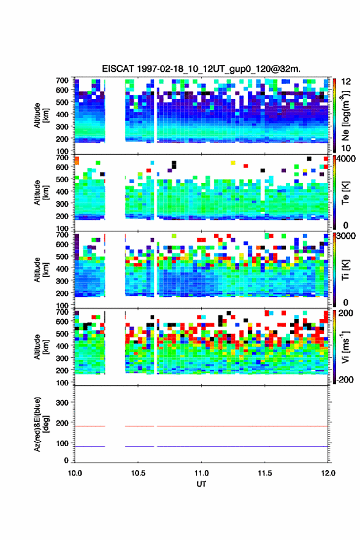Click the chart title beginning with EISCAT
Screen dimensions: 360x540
coord(201,69)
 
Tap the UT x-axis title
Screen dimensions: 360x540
coord(201,484)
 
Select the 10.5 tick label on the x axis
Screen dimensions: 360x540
coord(138,473)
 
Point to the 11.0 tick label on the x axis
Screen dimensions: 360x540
coord(201,473)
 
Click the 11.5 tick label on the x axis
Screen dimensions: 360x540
coord(265,473)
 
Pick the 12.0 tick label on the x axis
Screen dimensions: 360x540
coord(328,473)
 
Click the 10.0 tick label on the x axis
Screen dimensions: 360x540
coord(75,473)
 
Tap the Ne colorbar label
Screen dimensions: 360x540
coord(345,115)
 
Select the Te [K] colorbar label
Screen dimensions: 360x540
coord(345,193)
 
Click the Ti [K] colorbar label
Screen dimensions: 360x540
coord(345,269)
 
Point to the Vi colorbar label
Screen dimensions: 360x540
coord(345,347)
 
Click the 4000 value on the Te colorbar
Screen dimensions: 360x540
coord(345,159)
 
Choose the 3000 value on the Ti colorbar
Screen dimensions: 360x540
coord(345,236)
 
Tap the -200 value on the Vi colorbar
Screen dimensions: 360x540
coord(344,379)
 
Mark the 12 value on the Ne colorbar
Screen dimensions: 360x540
coord(345,82)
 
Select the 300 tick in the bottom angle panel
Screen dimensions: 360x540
coord(62,403)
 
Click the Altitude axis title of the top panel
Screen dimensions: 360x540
coord(40,115)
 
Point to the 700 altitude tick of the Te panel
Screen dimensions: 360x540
coord(62,157)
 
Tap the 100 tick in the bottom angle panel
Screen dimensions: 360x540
coord(62,443)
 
